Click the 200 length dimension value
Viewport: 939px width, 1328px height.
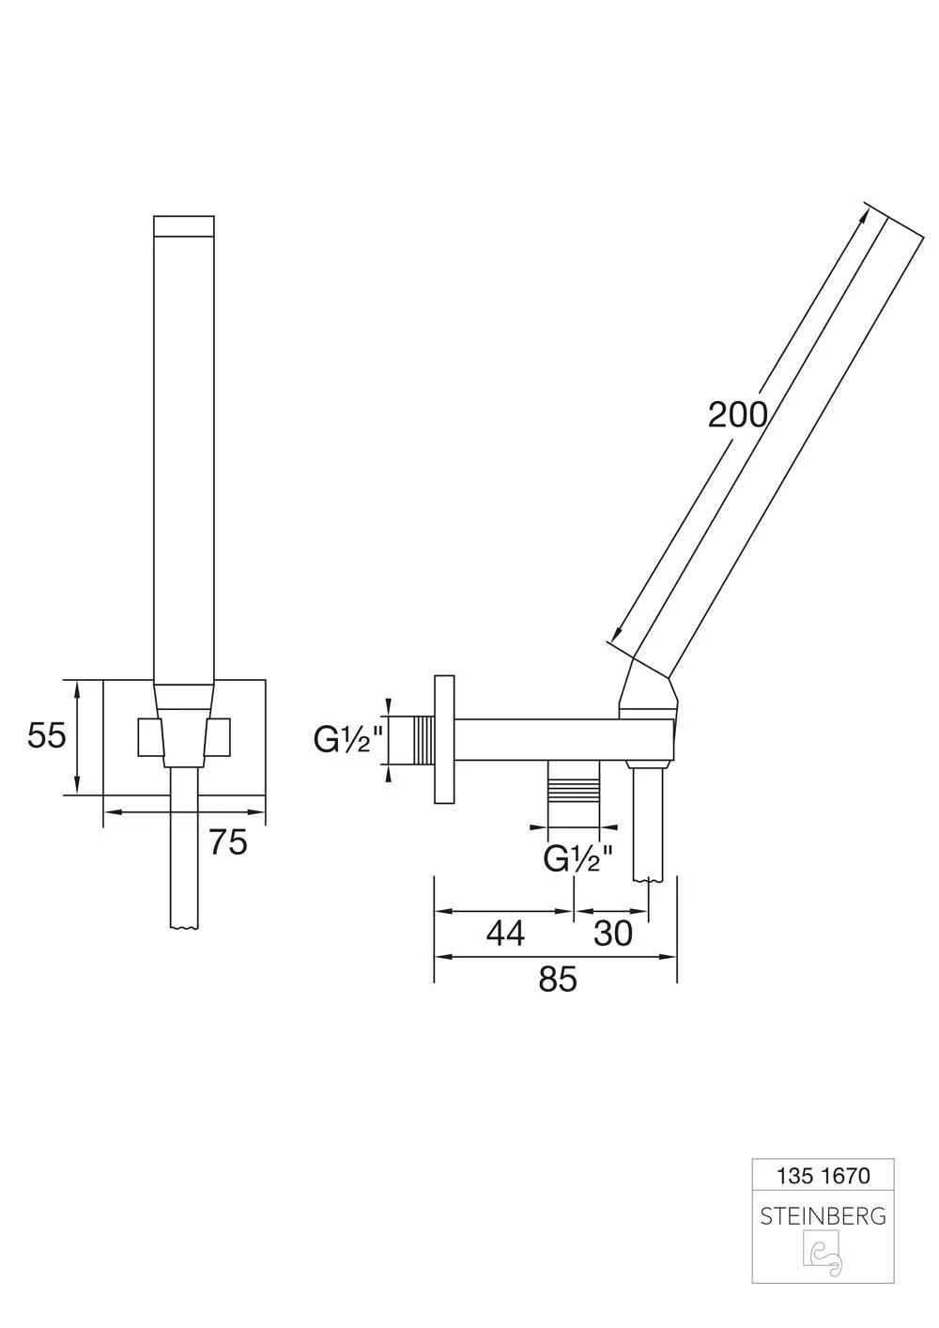pyautogui.click(x=737, y=414)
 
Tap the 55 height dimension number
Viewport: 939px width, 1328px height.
pyautogui.click(x=46, y=736)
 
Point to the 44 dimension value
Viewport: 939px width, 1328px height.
pyautogui.click(x=505, y=934)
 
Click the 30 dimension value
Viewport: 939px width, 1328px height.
pyautogui.click(x=613, y=934)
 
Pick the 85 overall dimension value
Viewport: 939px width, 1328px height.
pyautogui.click(x=557, y=979)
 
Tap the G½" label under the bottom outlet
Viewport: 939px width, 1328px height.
pyautogui.click(x=578, y=859)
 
